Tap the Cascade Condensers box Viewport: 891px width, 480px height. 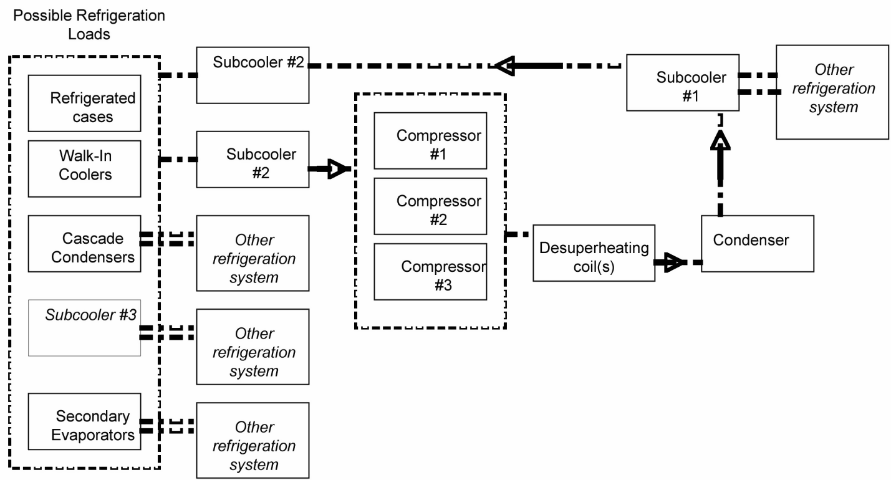[x=84, y=244]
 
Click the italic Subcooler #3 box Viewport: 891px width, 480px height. [x=84, y=328]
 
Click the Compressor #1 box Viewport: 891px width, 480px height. [x=430, y=140]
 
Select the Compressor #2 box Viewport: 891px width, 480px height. [x=430, y=206]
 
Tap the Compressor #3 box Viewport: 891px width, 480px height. [x=430, y=271]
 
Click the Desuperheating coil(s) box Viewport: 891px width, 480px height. [x=594, y=253]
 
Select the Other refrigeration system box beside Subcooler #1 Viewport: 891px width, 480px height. [x=832, y=91]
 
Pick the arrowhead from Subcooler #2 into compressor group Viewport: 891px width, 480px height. [x=337, y=168]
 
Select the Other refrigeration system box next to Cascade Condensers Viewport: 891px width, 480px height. [x=253, y=253]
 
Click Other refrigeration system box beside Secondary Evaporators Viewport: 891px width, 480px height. [x=253, y=440]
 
